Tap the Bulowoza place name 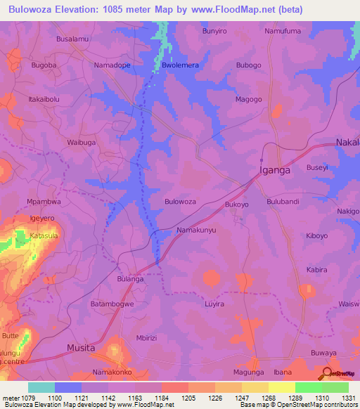180,202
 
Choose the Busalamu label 72,39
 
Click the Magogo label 248,100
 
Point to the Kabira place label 317,269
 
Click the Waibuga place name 81,142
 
